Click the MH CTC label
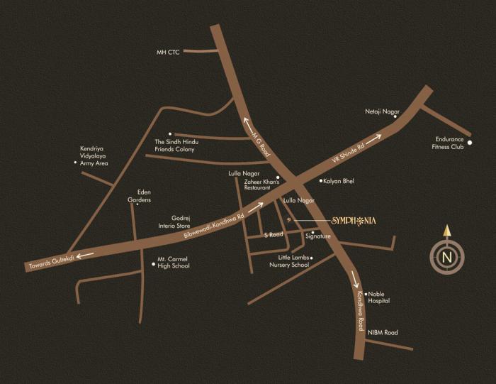click(169, 53)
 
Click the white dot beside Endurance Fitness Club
click(469, 142)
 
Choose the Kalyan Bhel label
click(339, 182)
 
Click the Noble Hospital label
click(379, 297)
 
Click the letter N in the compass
click(446, 257)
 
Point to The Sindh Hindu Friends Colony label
click(174, 146)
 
